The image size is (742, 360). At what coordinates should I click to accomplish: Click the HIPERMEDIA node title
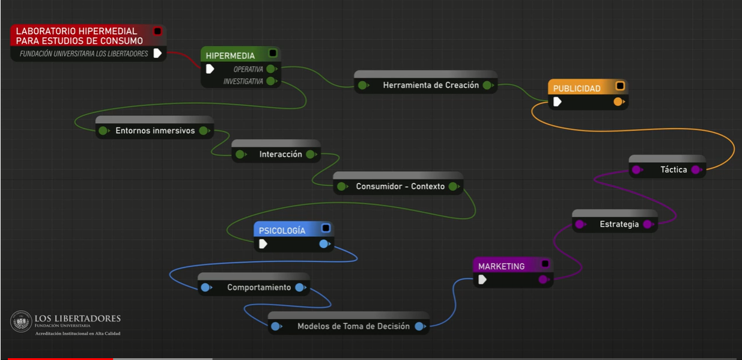click(230, 56)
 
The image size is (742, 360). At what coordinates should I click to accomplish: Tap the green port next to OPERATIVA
click(271, 69)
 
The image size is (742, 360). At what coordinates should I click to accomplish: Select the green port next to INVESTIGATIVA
click(271, 81)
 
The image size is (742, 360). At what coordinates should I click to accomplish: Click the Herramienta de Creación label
click(431, 85)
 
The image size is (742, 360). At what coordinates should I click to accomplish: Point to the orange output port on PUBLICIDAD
click(618, 102)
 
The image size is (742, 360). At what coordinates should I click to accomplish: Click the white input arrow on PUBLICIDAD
click(557, 102)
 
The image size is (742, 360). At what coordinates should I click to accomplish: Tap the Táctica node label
click(674, 169)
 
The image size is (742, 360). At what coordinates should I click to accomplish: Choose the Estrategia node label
click(619, 224)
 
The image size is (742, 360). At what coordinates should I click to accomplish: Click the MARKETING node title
click(501, 266)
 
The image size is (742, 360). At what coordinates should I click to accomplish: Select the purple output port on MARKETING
click(543, 279)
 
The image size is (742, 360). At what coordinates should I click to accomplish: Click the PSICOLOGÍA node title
click(282, 231)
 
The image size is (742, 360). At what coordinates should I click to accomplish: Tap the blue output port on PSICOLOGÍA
click(324, 244)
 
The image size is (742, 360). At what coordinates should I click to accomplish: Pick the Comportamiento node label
click(259, 287)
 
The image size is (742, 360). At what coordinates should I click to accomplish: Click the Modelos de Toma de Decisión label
click(353, 326)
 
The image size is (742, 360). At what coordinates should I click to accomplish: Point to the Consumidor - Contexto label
click(400, 186)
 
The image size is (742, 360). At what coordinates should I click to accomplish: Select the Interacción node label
click(281, 154)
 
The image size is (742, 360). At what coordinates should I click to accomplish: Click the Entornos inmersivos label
click(155, 130)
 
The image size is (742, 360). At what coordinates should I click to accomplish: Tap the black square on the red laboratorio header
click(157, 31)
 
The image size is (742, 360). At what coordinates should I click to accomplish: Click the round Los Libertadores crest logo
click(21, 321)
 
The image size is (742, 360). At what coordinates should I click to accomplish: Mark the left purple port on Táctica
click(636, 169)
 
